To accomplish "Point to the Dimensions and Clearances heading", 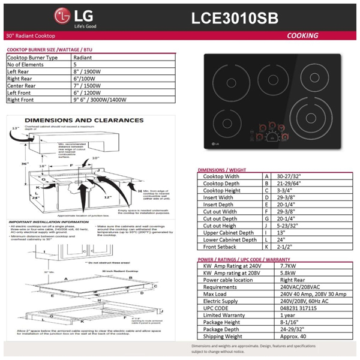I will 92,120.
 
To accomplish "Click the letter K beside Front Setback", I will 266,246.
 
